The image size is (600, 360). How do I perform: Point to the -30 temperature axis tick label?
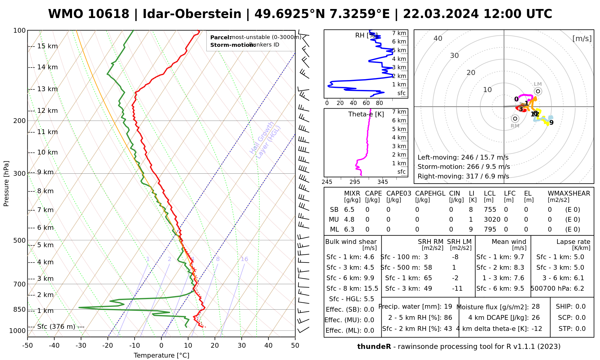click(x=81, y=346)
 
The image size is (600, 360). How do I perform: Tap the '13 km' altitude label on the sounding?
click(x=47, y=89)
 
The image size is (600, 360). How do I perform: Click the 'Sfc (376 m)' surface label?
click(x=56, y=327)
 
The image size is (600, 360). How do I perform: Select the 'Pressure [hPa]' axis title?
click(x=6, y=184)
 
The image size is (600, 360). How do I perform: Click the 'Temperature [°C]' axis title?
click(x=161, y=355)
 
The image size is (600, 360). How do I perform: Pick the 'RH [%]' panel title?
click(x=366, y=35)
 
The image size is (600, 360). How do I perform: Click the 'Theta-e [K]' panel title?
click(x=366, y=114)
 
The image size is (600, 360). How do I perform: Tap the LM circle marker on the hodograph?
click(x=538, y=91)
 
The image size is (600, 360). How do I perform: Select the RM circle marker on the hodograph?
click(x=515, y=118)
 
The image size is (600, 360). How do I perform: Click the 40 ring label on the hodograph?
click(x=438, y=38)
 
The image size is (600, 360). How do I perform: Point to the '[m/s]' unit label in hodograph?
click(x=582, y=38)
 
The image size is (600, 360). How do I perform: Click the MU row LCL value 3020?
click(x=492, y=220)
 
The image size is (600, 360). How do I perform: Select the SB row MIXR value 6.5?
click(x=349, y=210)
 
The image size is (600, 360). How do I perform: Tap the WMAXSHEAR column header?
click(x=569, y=193)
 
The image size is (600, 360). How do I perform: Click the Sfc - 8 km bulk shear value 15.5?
click(x=371, y=289)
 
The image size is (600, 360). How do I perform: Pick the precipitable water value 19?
click(x=448, y=307)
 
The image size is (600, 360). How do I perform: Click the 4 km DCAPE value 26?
click(x=535, y=318)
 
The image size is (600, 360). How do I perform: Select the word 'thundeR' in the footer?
click(x=374, y=347)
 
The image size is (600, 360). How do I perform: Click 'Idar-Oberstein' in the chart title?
click(x=192, y=14)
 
